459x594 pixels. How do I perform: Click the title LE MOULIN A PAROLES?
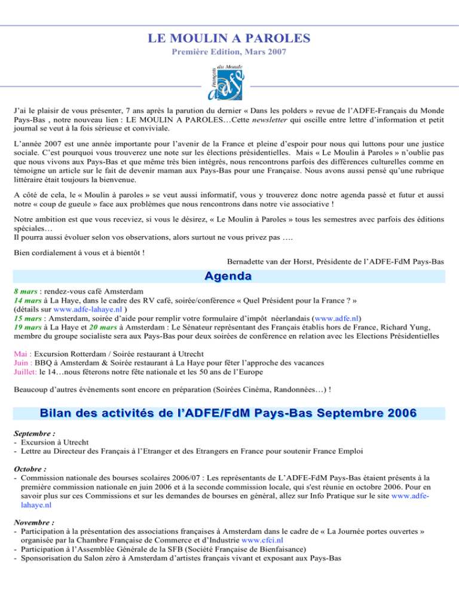pos(229,39)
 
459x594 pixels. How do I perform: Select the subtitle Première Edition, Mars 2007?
pos(229,53)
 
